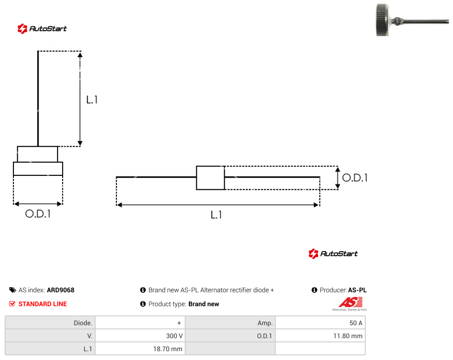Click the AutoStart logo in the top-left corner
click(42, 29)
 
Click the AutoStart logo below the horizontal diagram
click(333, 253)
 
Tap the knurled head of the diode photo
click(382, 20)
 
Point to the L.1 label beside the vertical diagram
click(92, 100)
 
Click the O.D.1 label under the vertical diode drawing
click(38, 213)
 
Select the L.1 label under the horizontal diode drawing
click(216, 215)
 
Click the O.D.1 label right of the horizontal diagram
click(355, 178)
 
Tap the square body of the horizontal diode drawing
click(210, 178)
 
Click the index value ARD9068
click(61, 290)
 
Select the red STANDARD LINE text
click(43, 304)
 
